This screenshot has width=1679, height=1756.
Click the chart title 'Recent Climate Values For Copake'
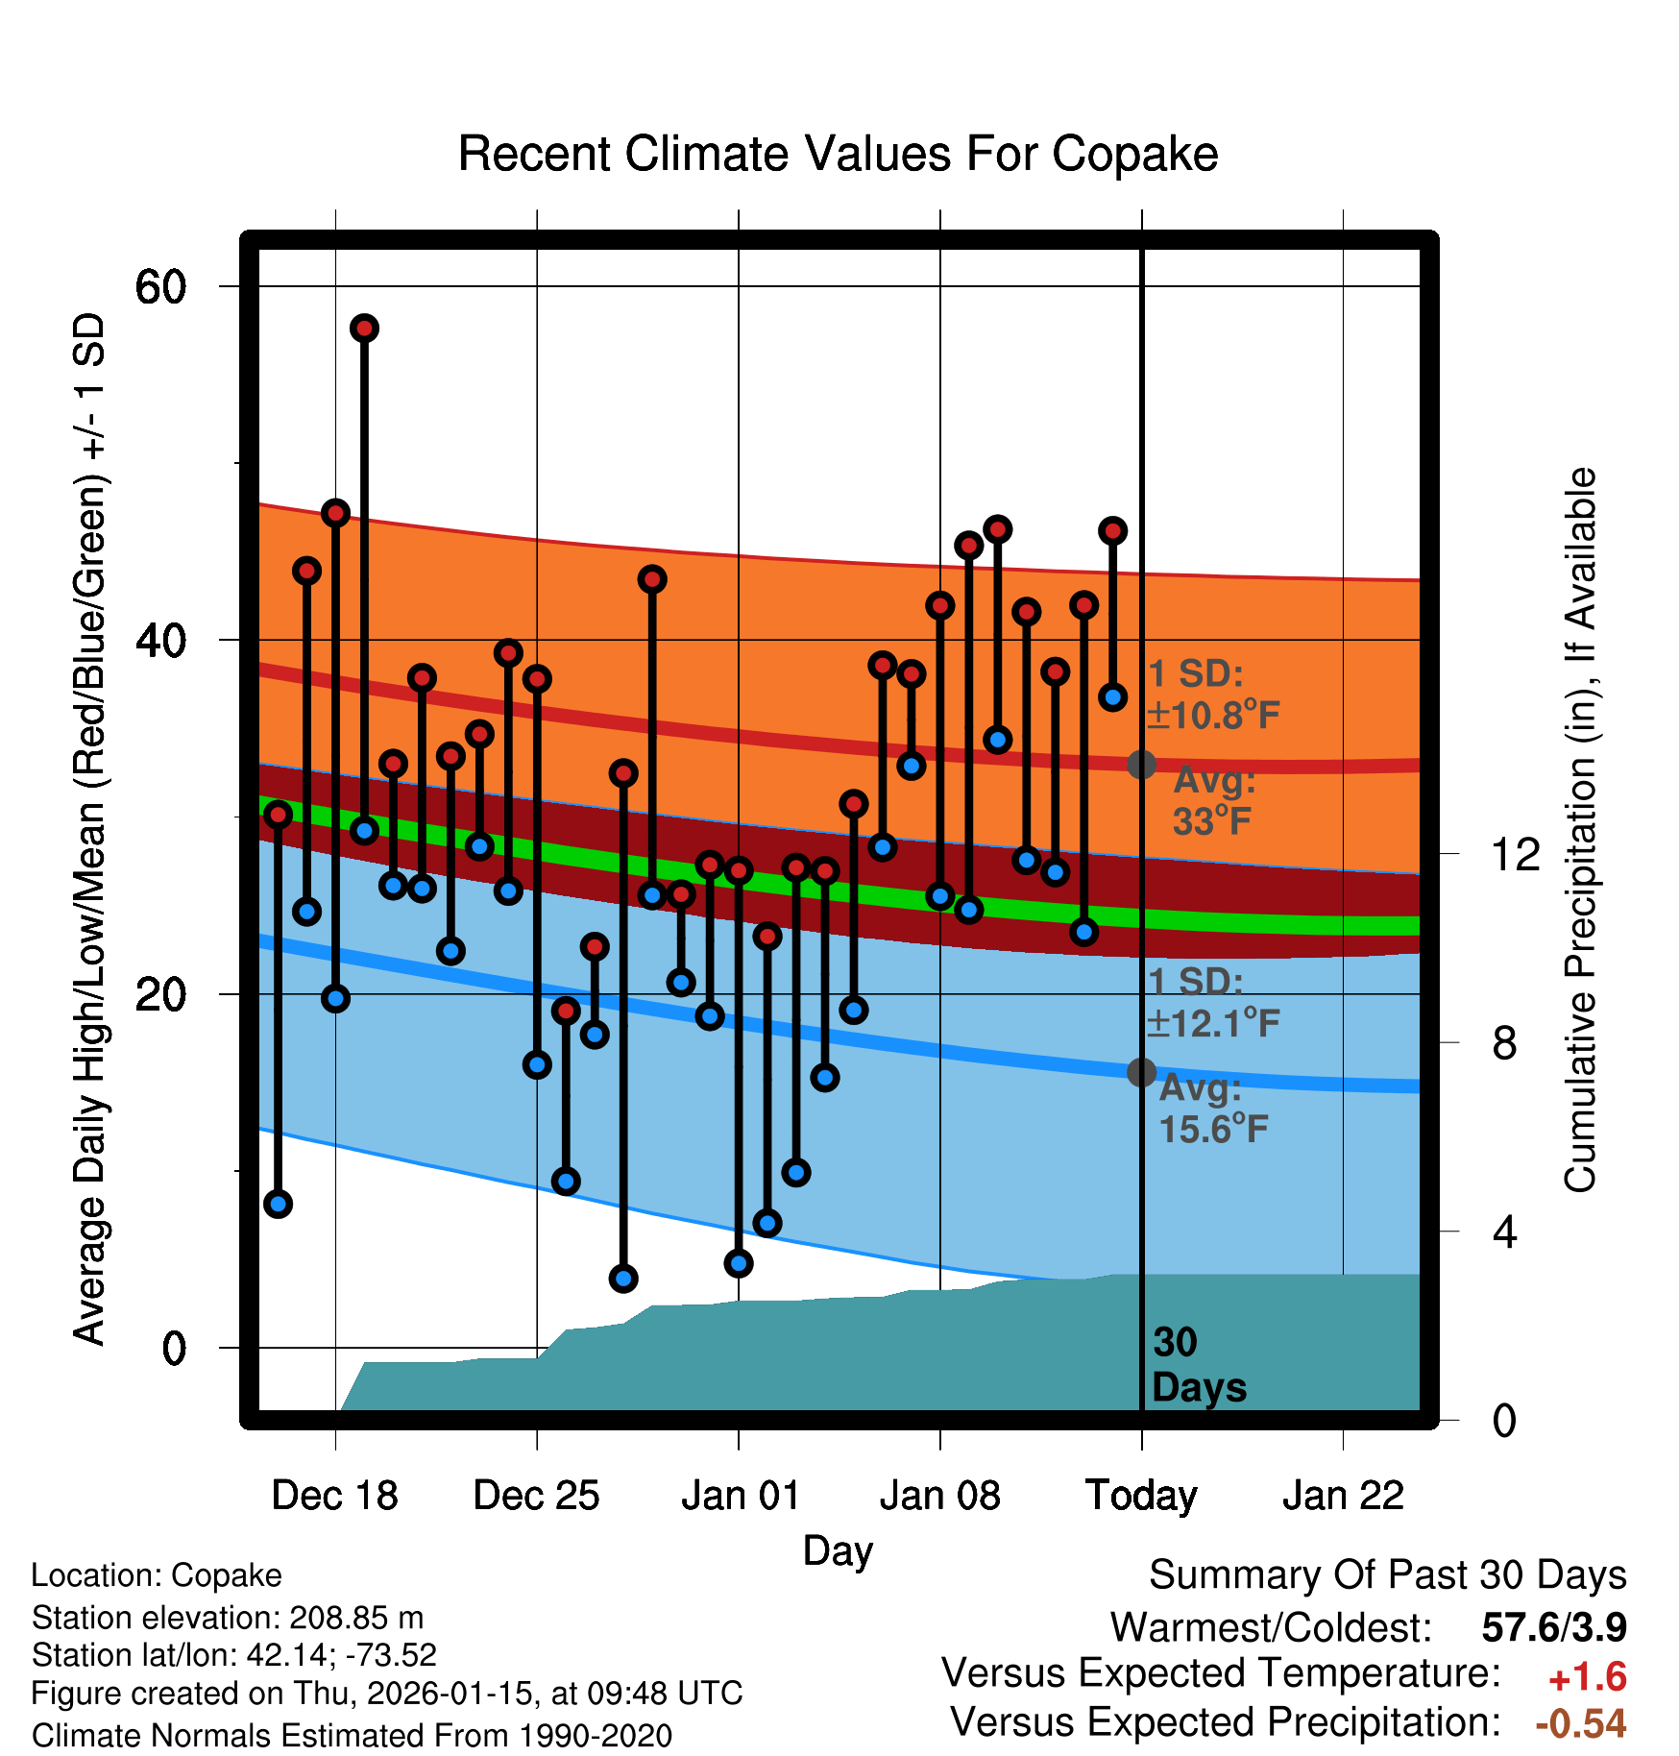click(838, 154)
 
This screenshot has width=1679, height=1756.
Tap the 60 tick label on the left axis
click(161, 286)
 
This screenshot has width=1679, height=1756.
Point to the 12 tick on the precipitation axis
click(1516, 854)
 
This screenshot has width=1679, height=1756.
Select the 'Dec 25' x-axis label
click(536, 1496)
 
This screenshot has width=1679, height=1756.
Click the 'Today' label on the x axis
click(1141, 1496)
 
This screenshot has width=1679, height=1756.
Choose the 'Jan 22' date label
click(1343, 1496)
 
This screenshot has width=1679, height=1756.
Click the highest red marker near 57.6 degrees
click(364, 329)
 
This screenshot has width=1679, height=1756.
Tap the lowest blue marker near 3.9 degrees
click(623, 1279)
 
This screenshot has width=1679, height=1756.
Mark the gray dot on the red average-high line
click(1141, 765)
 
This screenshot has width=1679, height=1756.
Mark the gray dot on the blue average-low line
click(1141, 1072)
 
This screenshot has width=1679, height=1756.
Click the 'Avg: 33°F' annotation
click(1214, 801)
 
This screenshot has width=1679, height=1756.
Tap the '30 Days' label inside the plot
click(1197, 1365)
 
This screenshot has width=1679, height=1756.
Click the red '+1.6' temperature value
click(1587, 1677)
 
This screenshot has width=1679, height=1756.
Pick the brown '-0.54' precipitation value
click(1581, 1723)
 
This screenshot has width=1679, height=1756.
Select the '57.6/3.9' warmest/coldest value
click(1554, 1627)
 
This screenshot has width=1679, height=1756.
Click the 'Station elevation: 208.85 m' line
click(228, 1618)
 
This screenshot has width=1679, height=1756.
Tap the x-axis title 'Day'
click(838, 1550)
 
